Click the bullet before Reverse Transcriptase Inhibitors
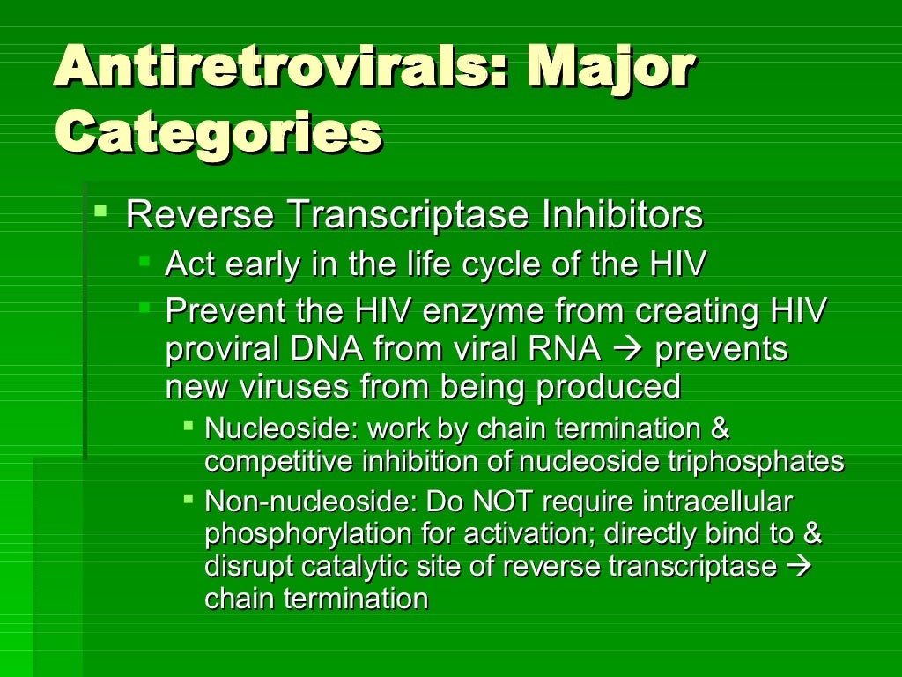(102, 212)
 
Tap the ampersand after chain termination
(720, 429)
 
